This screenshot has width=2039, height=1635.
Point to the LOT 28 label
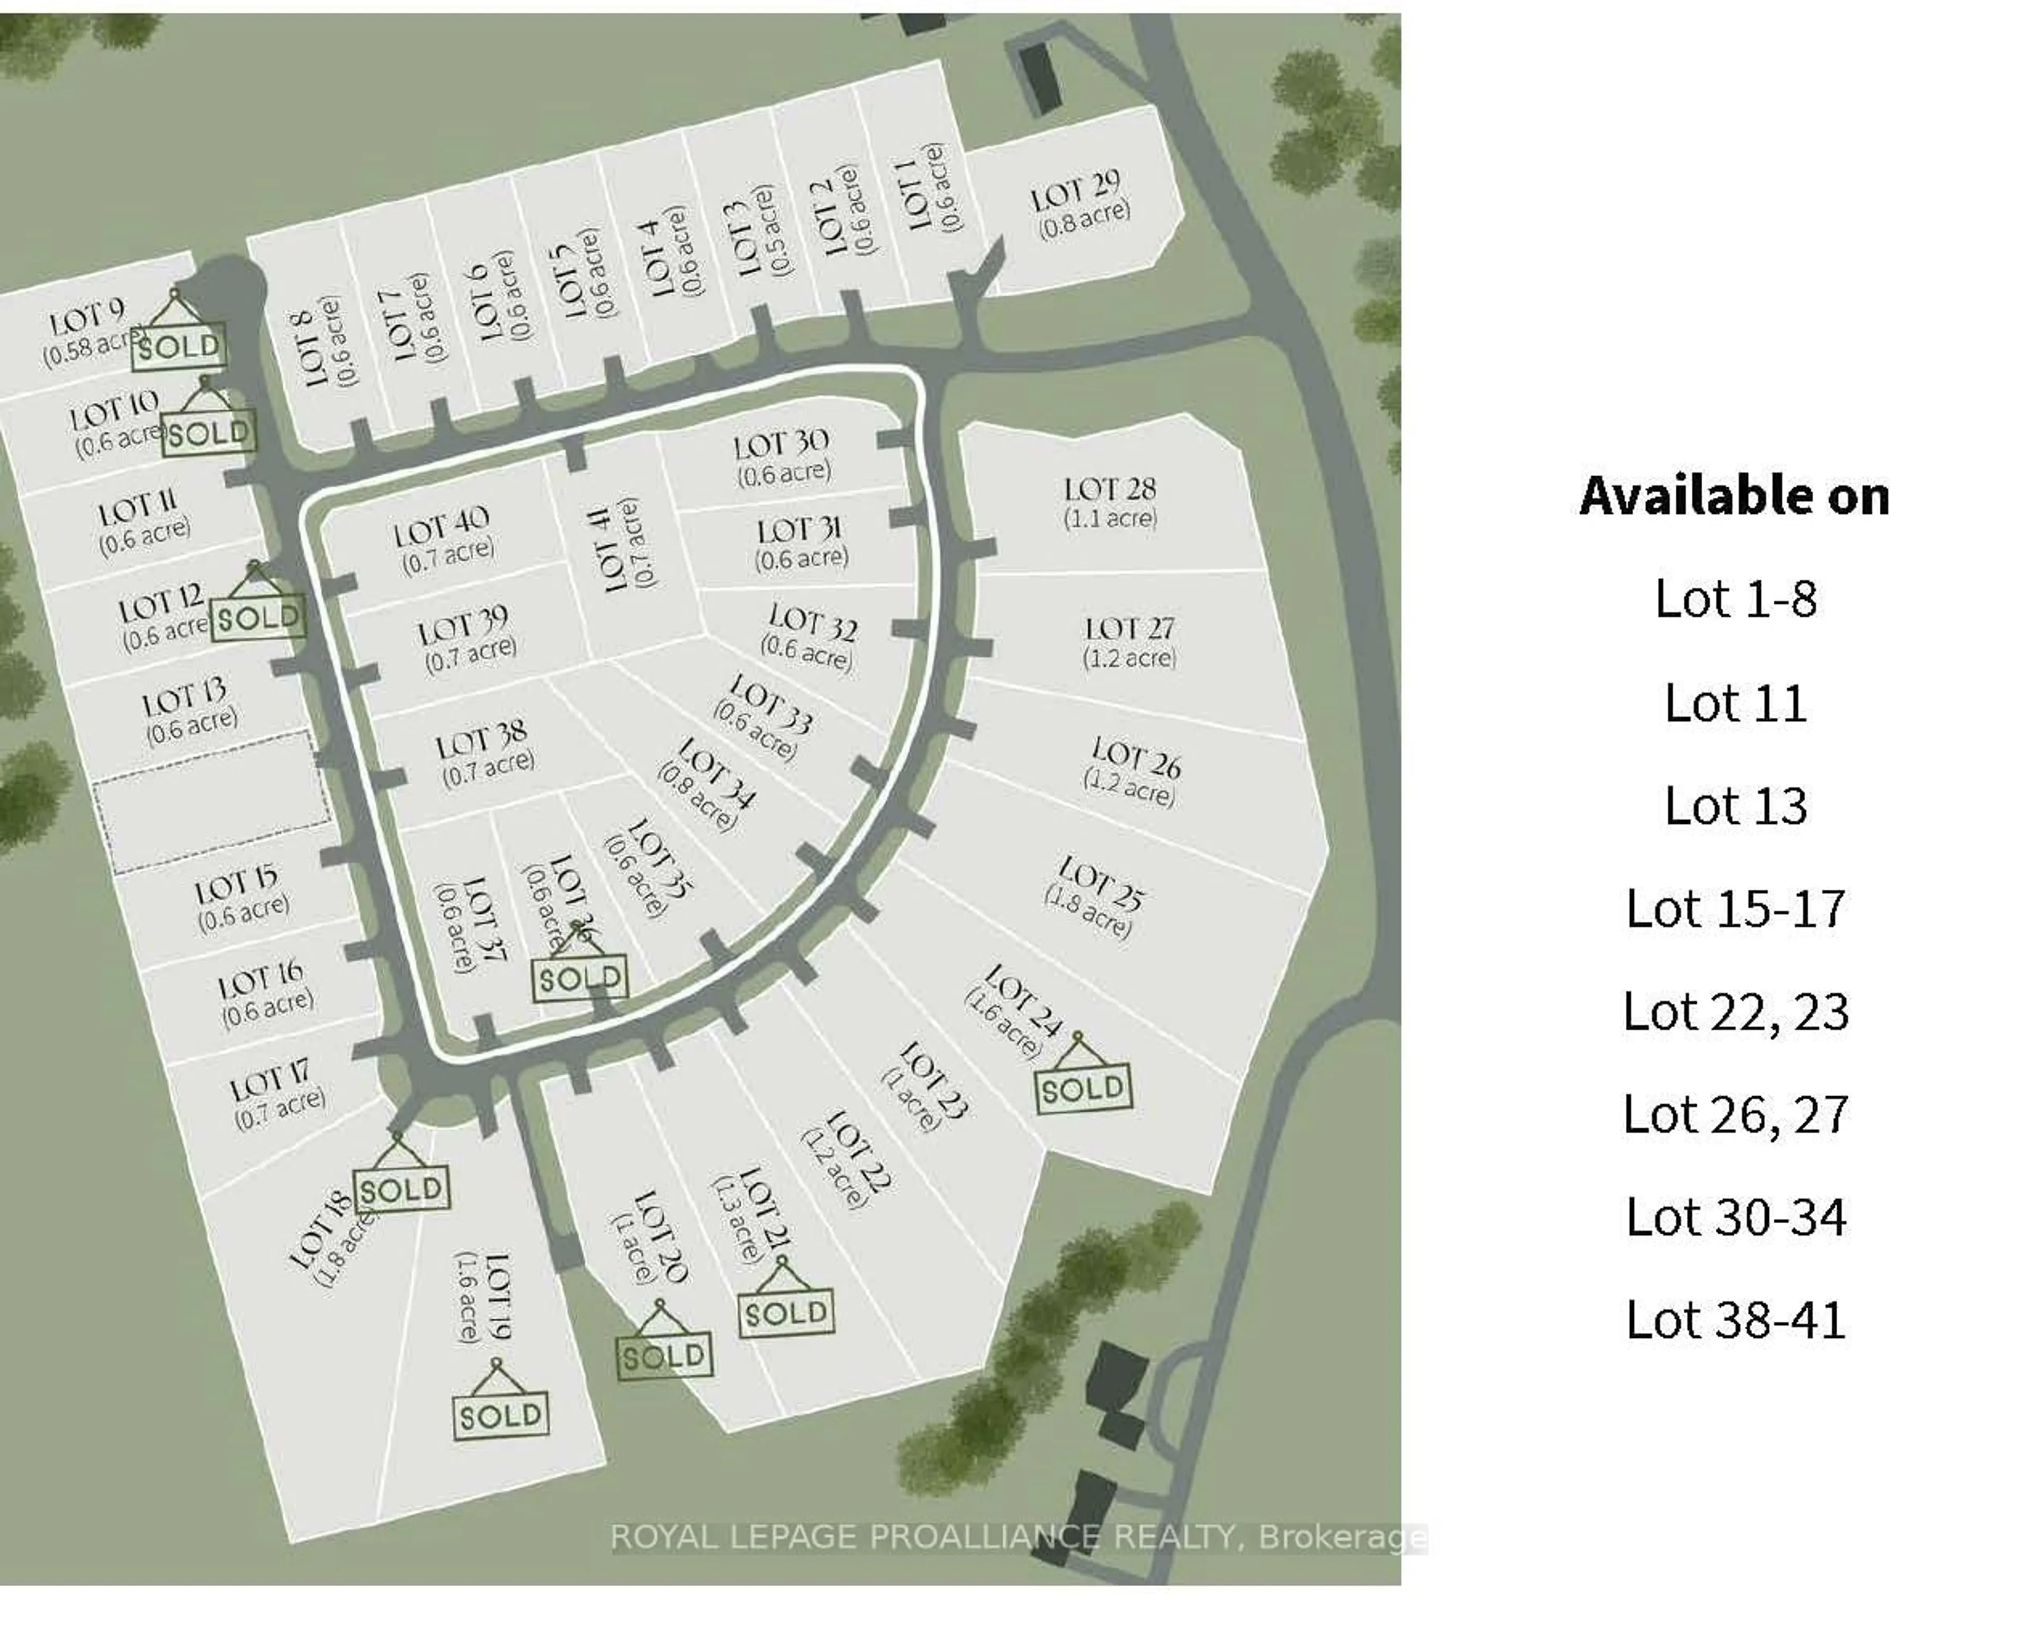point(1109,490)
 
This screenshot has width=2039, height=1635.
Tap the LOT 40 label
point(441,526)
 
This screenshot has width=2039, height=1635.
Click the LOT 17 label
point(270,1082)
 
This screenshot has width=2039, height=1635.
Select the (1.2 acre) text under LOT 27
point(1129,657)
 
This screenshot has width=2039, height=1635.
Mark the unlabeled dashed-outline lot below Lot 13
point(213,802)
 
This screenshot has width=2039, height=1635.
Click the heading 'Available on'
point(1734,495)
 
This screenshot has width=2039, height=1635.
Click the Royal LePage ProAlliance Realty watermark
point(1017,1537)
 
